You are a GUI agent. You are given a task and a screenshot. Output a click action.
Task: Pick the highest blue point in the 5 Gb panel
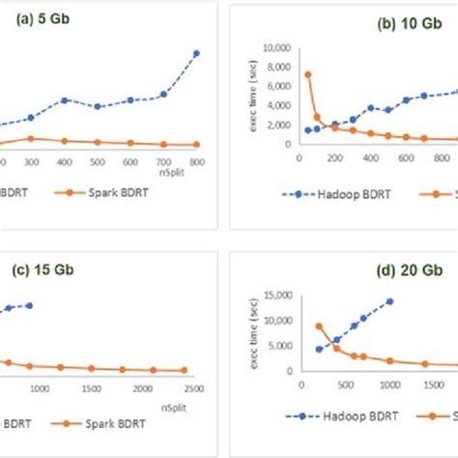click(x=196, y=53)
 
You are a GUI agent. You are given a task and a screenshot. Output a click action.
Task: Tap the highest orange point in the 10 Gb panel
click(x=307, y=74)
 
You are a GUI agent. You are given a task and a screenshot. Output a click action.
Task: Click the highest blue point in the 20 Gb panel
click(x=389, y=301)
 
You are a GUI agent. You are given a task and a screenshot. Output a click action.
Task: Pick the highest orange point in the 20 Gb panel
click(x=320, y=327)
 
